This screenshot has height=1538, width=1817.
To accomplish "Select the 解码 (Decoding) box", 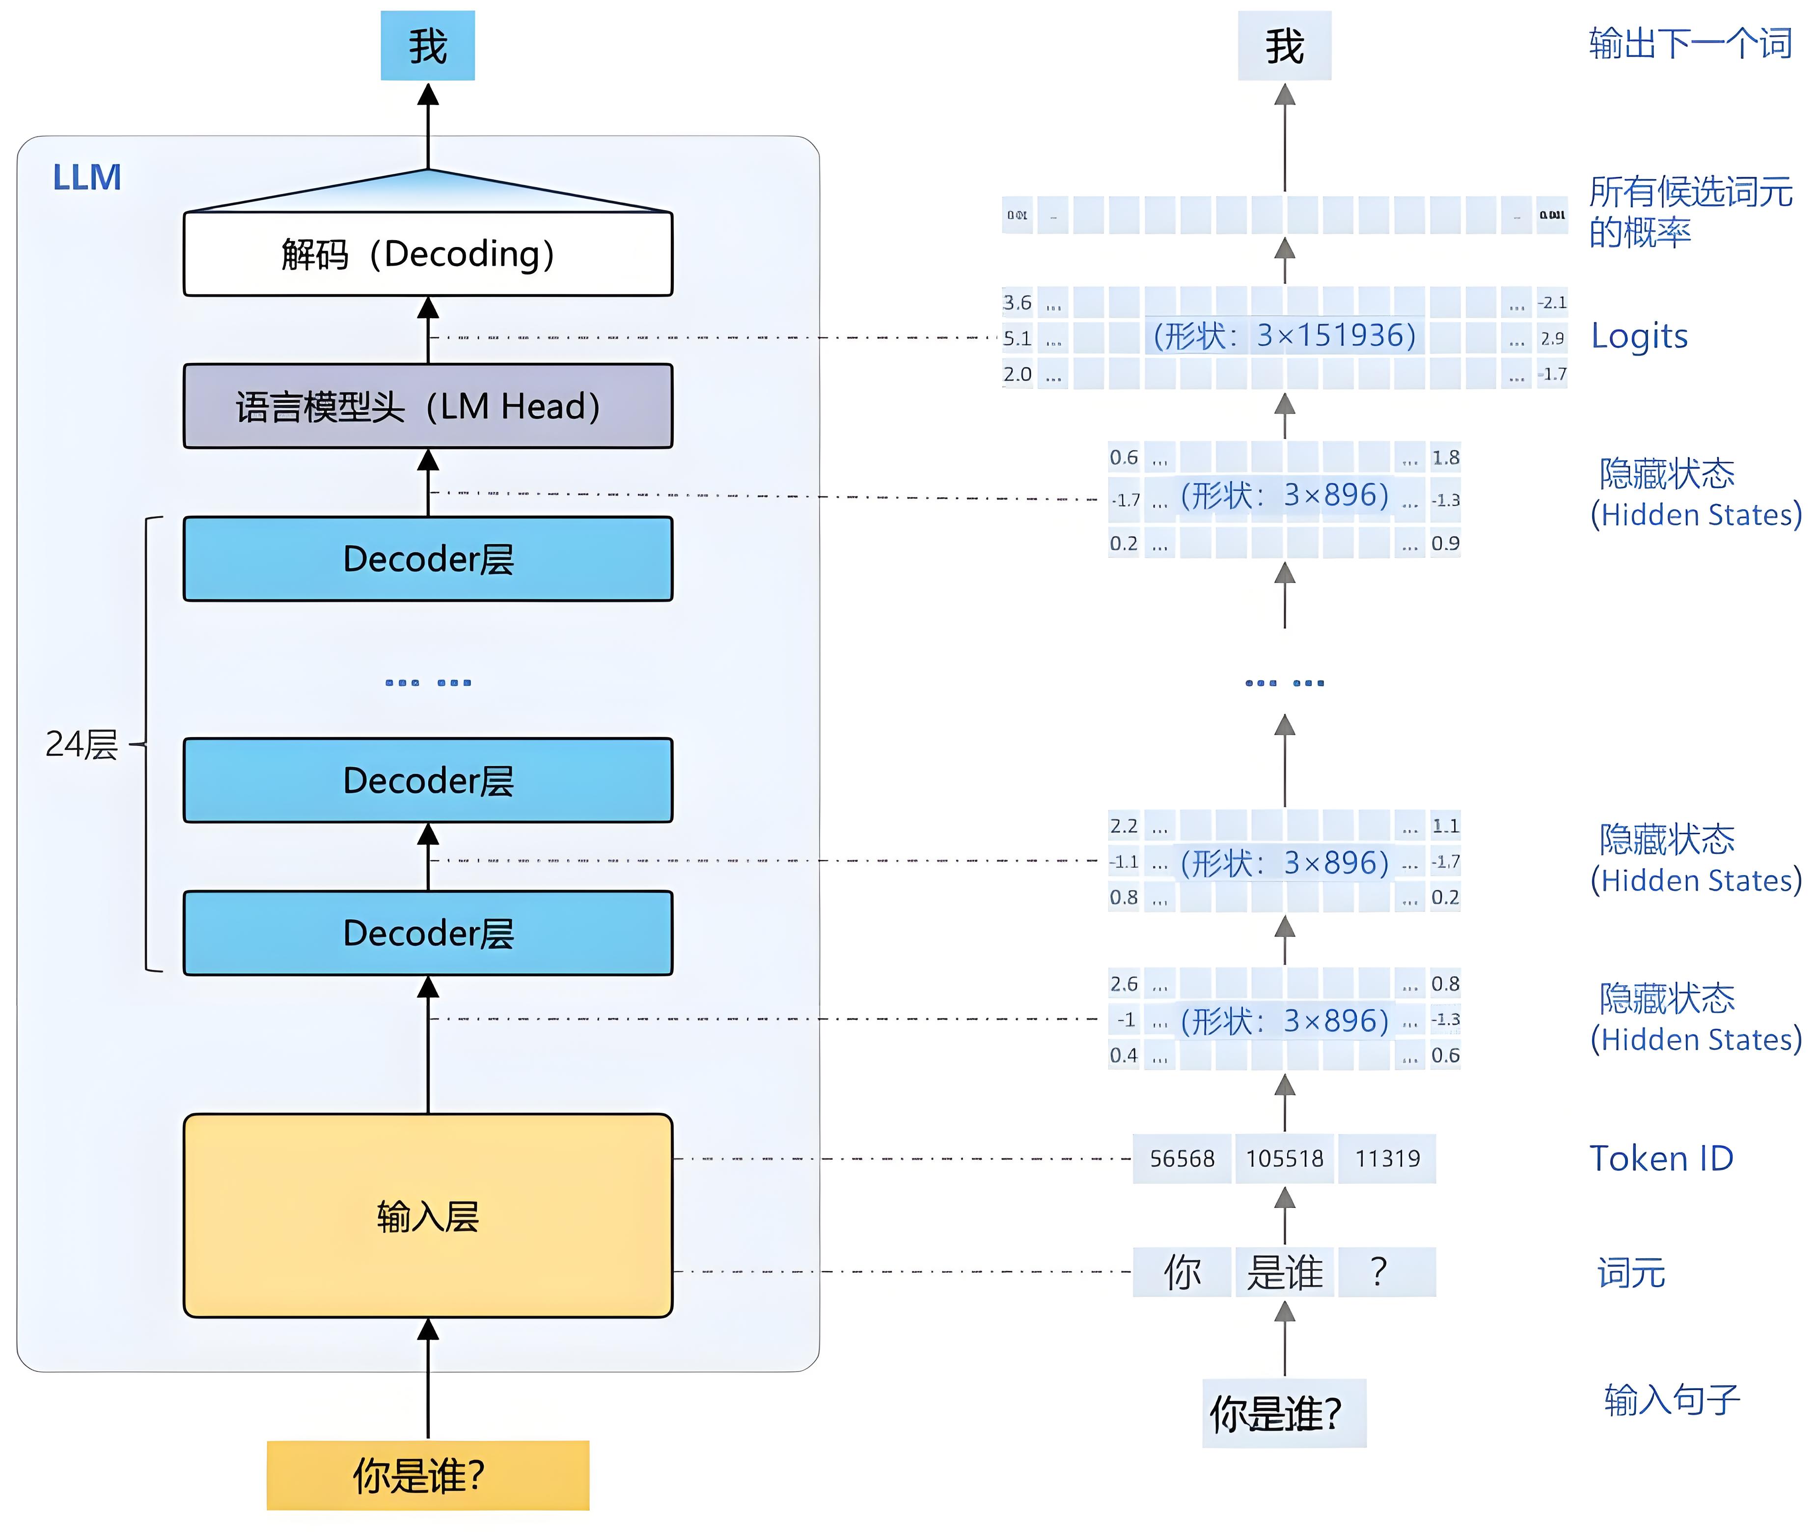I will click(427, 254).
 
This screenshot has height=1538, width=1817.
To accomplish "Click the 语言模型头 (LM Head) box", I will click(427, 406).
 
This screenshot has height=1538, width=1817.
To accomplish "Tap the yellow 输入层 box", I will click(427, 1215).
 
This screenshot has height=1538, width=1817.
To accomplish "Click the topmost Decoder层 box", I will click(427, 559).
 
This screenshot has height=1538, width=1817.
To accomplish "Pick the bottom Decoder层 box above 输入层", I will click(427, 933).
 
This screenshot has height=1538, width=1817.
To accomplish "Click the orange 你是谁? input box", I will click(427, 1475).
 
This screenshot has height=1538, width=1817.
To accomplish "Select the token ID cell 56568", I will click(1182, 1159).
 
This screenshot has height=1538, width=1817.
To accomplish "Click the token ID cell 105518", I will click(1284, 1159).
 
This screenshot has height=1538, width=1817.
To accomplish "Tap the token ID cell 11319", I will click(1387, 1159).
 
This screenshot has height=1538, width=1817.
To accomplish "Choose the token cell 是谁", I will click(1284, 1272).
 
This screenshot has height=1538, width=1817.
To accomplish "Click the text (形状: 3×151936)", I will click(1284, 336).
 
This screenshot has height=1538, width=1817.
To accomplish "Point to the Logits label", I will click(1639, 336).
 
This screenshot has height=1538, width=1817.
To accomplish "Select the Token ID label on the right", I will click(1661, 1159).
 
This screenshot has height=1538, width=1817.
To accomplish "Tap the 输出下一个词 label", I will click(1690, 44).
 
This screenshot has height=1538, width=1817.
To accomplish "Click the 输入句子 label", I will click(1672, 1400).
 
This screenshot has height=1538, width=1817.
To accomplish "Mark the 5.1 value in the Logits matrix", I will click(1017, 338).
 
